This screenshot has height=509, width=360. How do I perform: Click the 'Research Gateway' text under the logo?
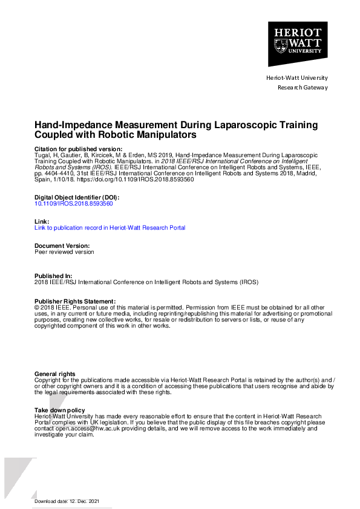pyautogui.click(x=303, y=88)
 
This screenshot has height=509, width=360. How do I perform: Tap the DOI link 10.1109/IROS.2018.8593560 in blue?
pyautogui.click(x=73, y=204)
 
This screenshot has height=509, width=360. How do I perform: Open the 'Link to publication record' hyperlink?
pyautogui.click(x=110, y=228)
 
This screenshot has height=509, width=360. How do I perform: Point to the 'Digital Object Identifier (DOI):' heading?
pyautogui.click(x=76, y=198)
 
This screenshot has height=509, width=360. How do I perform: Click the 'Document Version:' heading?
pyautogui.click(x=62, y=246)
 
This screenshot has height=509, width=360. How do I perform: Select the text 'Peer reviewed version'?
pyautogui.click(x=64, y=252)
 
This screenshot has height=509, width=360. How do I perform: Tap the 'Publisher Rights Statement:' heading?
pyautogui.click(x=74, y=301)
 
